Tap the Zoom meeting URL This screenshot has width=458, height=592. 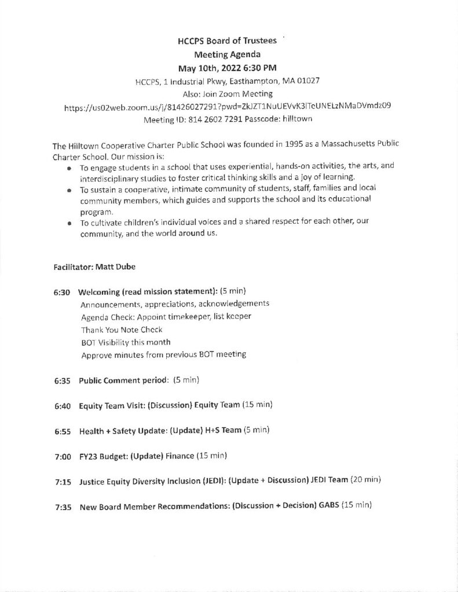pos(230,106)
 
